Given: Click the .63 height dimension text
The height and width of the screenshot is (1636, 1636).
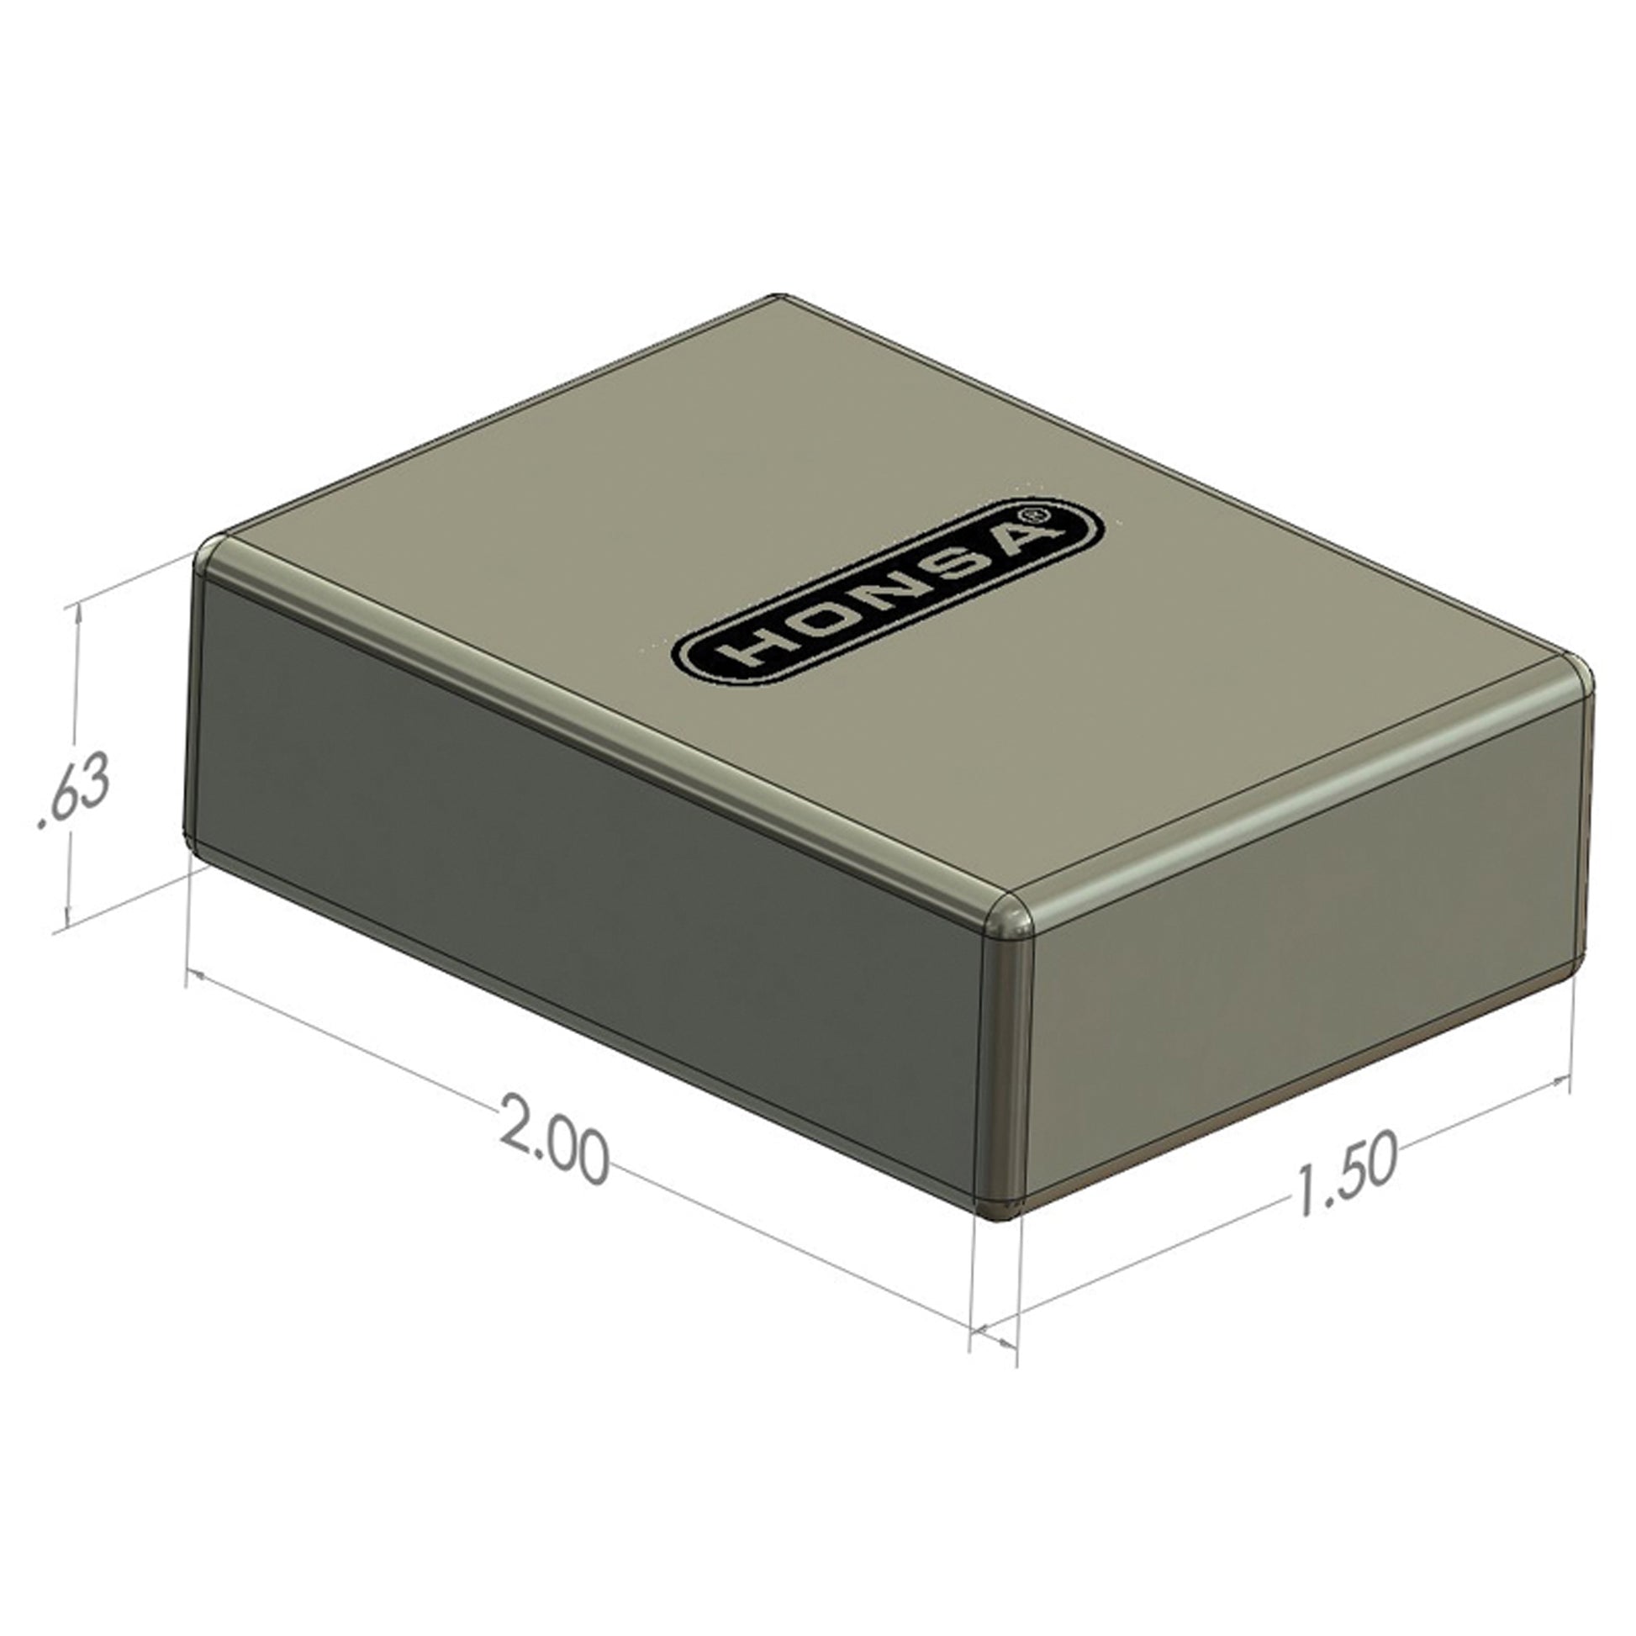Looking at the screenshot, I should tap(75, 795).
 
